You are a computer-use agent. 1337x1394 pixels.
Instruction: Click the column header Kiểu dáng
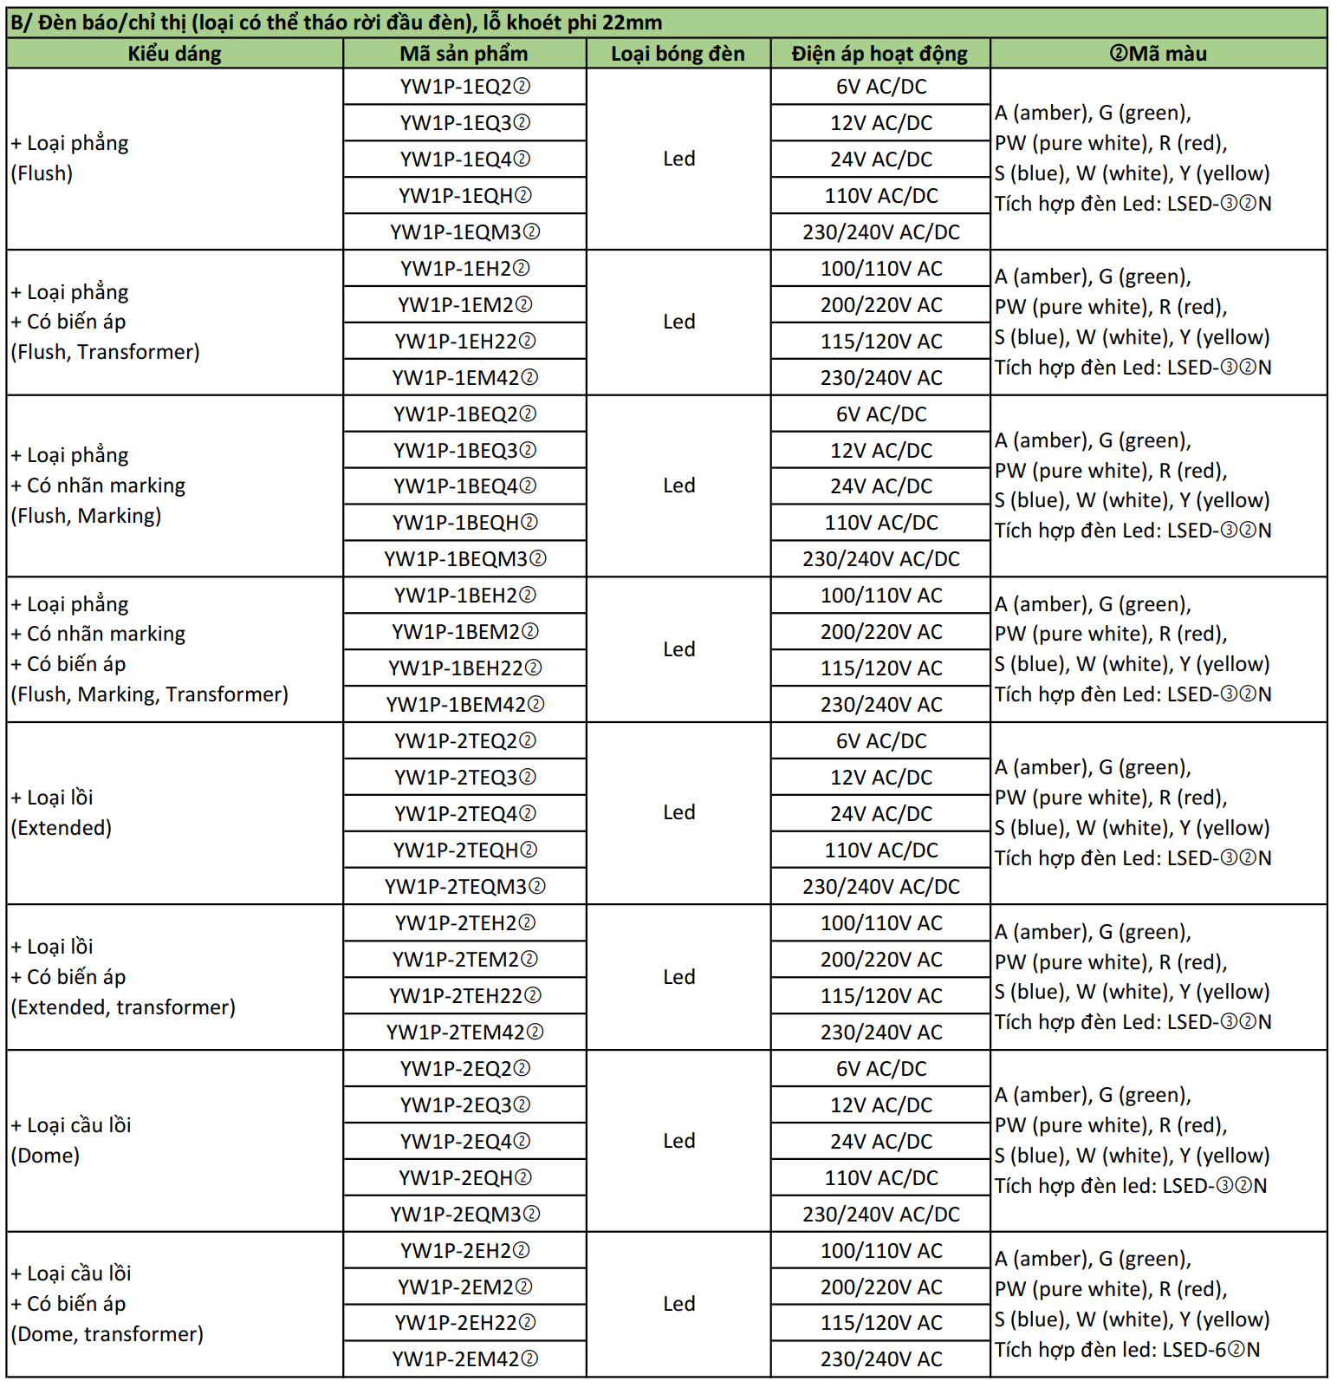(x=174, y=54)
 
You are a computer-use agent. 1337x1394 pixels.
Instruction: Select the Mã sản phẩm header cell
(x=464, y=54)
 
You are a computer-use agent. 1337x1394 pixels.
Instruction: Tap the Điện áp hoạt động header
(x=879, y=54)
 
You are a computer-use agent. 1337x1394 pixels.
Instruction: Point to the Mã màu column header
(x=1158, y=54)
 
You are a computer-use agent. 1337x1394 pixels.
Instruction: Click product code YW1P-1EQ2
(x=464, y=87)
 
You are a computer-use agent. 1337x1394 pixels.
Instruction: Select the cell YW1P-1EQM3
(x=464, y=232)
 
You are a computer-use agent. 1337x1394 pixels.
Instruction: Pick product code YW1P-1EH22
(x=464, y=342)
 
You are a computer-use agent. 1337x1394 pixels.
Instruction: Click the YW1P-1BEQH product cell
(x=464, y=523)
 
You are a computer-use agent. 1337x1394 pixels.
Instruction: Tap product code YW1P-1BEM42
(x=464, y=705)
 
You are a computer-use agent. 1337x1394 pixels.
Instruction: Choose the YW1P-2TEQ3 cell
(x=464, y=778)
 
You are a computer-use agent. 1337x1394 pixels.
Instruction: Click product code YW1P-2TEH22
(x=464, y=996)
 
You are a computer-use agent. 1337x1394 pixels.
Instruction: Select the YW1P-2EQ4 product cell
(x=464, y=1142)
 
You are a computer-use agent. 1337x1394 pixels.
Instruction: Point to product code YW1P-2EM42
(x=464, y=1359)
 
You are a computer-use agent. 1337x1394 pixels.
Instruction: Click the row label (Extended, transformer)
(x=123, y=1007)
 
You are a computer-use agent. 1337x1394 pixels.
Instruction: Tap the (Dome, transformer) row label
(x=107, y=1334)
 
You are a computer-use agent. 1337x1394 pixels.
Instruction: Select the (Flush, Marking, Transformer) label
(x=149, y=694)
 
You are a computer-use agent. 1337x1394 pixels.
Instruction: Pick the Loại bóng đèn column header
(x=678, y=54)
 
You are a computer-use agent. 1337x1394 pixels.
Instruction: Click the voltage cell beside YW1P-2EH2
(x=880, y=1251)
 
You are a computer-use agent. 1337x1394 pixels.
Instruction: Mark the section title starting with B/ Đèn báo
(x=336, y=23)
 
